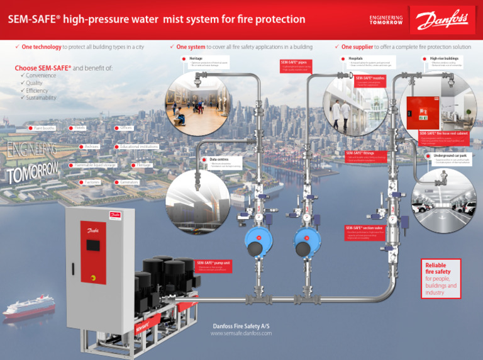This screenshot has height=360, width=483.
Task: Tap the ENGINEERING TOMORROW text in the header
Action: (x=386, y=20)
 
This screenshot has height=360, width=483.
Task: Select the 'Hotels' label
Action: (x=80, y=128)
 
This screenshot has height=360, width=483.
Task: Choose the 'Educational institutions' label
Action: (x=138, y=147)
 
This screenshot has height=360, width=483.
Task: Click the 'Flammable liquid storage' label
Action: (x=94, y=165)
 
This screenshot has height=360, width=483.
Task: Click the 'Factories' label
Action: (x=89, y=182)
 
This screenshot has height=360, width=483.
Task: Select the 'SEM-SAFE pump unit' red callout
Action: (x=213, y=266)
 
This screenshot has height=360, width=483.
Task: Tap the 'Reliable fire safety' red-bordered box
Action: (x=441, y=278)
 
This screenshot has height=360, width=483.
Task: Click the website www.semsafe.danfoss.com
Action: (x=241, y=333)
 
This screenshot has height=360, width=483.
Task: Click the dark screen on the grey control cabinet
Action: (x=93, y=244)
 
